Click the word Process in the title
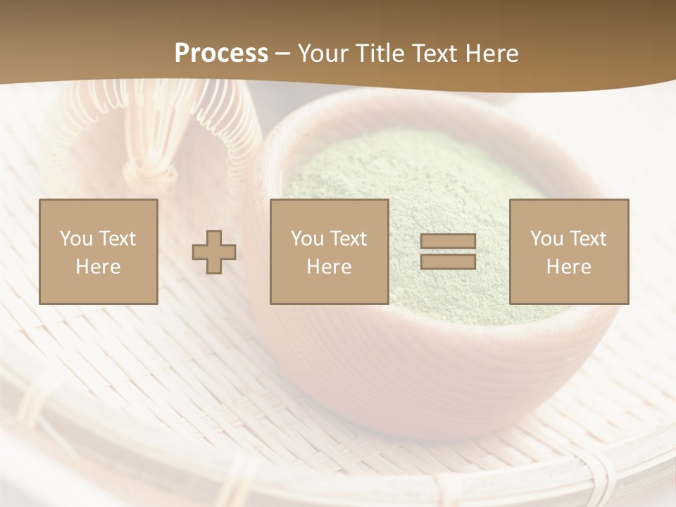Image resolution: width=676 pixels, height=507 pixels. [x=221, y=54]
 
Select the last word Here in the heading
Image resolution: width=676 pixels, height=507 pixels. [x=490, y=54]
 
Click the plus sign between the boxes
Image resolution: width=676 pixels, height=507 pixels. [x=214, y=252]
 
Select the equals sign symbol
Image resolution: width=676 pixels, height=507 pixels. [x=448, y=251]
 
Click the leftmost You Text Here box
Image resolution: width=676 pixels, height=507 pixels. [x=99, y=251]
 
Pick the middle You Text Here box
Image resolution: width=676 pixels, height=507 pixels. [x=329, y=251]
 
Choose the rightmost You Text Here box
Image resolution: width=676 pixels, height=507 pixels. [x=568, y=251]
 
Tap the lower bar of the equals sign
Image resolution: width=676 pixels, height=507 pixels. [x=448, y=261]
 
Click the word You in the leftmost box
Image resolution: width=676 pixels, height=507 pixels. [x=76, y=239]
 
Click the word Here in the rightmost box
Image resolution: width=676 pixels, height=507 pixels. [x=568, y=267]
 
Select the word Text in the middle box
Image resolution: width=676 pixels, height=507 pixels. [x=348, y=239]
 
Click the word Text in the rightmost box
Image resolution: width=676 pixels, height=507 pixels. [x=587, y=239]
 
